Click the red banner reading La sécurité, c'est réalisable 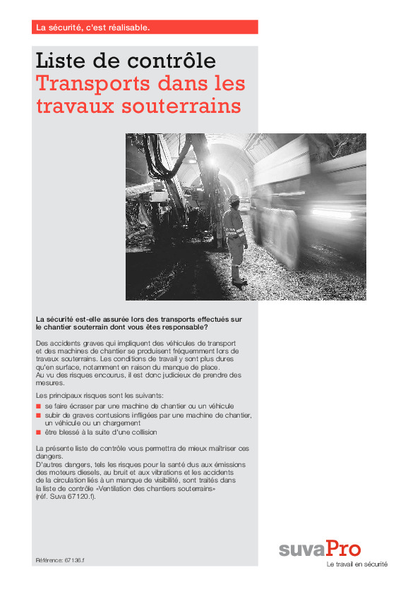pyautogui.click(x=145, y=28)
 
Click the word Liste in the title pyautogui.click(x=61, y=61)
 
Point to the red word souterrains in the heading pyautogui.click(x=179, y=107)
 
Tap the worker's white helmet pyautogui.click(x=234, y=199)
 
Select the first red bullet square pyautogui.click(x=38, y=407)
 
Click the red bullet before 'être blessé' pyautogui.click(x=38, y=432)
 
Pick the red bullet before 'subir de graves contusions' pyautogui.click(x=38, y=416)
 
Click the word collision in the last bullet pyautogui.click(x=142, y=432)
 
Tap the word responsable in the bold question pyautogui.click(x=184, y=327)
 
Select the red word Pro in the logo pyautogui.click(x=344, y=548)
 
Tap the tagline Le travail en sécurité pyautogui.click(x=357, y=564)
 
